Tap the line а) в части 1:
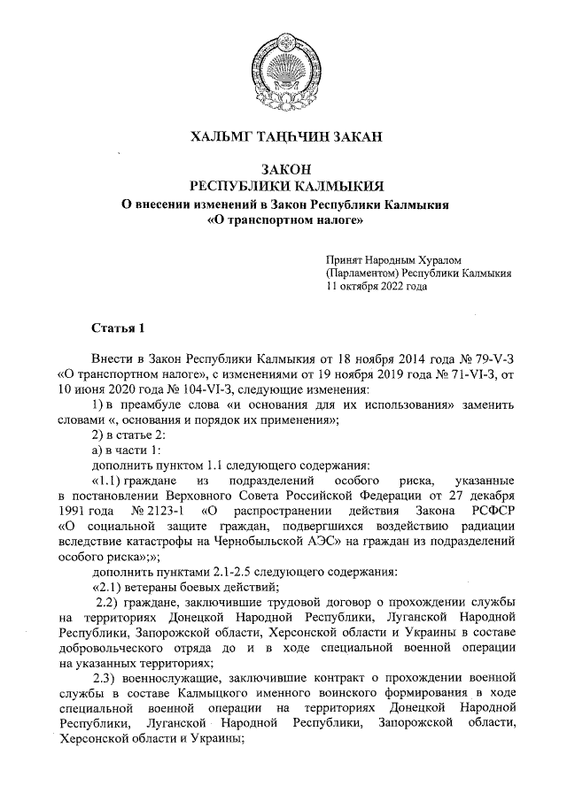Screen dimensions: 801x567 (127, 450)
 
